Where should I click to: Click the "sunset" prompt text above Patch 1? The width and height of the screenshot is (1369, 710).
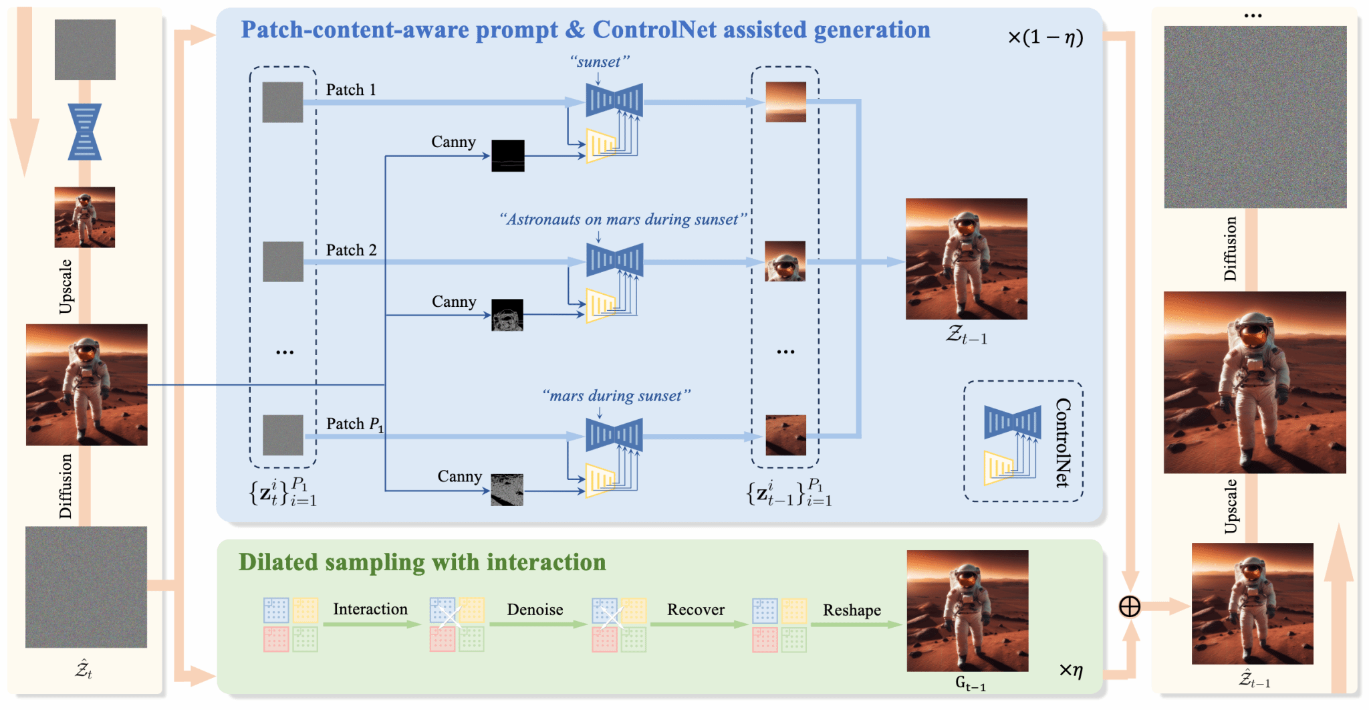[x=600, y=62]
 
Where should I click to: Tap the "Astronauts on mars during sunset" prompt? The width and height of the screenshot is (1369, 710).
[x=622, y=219]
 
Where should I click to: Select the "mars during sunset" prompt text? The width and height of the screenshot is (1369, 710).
[x=616, y=396]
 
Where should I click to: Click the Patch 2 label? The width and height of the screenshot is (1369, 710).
[x=351, y=250]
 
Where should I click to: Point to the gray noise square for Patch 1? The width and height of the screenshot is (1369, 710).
[x=282, y=102]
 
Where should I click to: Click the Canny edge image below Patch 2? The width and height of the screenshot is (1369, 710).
[x=507, y=315]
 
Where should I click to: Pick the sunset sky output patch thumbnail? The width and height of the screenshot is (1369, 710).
[x=785, y=102]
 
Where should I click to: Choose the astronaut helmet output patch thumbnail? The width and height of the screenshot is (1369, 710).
[x=785, y=261]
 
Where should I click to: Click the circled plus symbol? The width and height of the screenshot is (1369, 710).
[x=1130, y=607]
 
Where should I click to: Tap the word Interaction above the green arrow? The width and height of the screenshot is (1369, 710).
[x=370, y=609]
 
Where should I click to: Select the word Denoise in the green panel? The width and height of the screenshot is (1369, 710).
[x=535, y=610]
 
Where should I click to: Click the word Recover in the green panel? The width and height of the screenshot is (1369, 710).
[x=696, y=610]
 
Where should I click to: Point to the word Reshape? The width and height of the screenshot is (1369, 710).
[x=852, y=610]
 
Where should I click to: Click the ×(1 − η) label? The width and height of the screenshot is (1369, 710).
[x=1045, y=37]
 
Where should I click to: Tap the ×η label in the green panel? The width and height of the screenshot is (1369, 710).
[x=1071, y=670]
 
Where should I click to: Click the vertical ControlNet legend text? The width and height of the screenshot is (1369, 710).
[x=1063, y=442]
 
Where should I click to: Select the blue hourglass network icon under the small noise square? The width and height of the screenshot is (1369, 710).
[x=85, y=132]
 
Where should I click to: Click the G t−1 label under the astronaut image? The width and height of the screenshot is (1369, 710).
[x=970, y=683]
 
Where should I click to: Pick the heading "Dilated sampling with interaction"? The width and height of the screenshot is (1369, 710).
[x=422, y=562]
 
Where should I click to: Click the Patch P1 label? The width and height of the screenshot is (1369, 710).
[x=354, y=424]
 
